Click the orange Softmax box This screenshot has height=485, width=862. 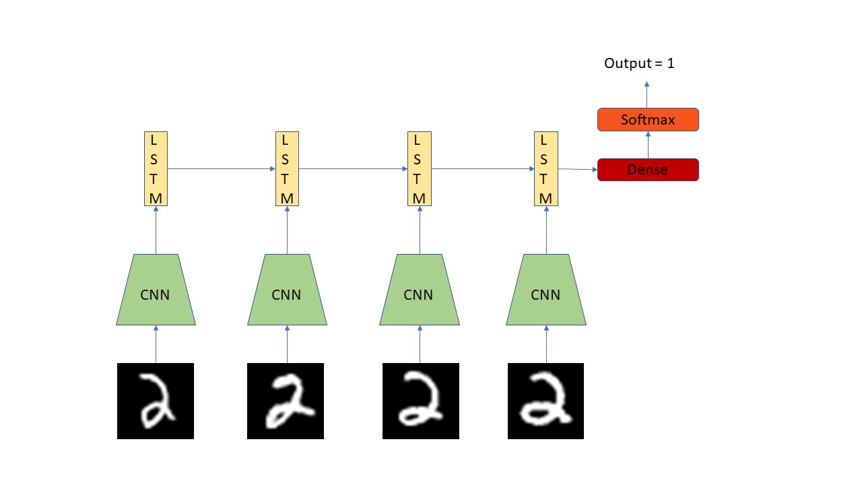tap(648, 120)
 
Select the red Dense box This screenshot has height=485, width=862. tap(648, 170)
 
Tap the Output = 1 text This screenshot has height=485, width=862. tap(639, 64)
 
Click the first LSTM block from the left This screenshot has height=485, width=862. tap(156, 168)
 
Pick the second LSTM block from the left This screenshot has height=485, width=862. tap(287, 168)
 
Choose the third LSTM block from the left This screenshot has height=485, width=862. tap(419, 168)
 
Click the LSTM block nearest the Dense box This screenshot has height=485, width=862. tap(545, 168)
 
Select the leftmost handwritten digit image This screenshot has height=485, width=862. tap(156, 401)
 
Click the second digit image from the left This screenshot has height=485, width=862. tap(286, 401)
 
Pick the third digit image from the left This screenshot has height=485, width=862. tap(421, 401)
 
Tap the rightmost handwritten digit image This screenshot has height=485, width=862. tap(545, 401)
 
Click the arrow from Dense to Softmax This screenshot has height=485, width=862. tap(648, 145)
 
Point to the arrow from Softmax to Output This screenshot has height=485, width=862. tap(647, 95)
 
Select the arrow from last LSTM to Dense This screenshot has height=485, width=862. tap(577, 169)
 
